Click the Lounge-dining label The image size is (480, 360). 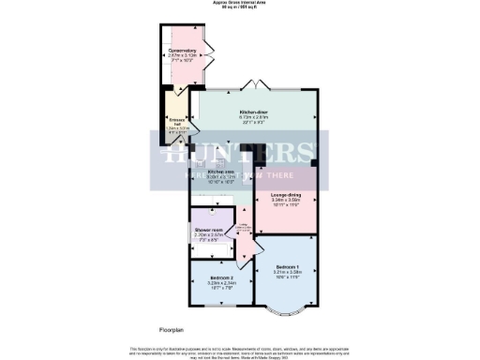[x=285, y=194]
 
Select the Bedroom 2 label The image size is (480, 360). [x=221, y=278]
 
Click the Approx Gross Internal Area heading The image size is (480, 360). [x=240, y=4]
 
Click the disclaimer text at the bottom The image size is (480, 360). [x=240, y=351]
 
